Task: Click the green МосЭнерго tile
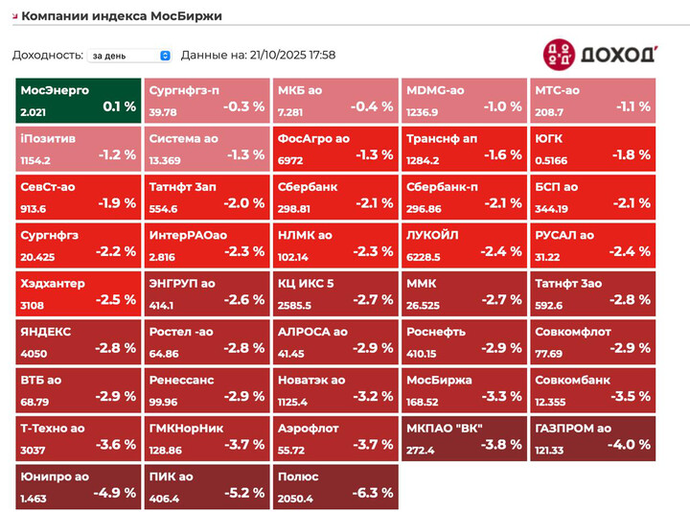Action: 77,100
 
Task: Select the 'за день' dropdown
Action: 128,56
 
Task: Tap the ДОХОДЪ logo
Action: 599,54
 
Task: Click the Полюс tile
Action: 334,485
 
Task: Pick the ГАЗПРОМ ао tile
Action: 591,437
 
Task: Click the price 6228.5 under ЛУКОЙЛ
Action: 424,257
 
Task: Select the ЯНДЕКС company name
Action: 45,332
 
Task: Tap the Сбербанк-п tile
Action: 463,197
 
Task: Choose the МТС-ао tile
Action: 591,100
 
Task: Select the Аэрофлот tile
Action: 334,437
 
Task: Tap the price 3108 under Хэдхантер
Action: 33,305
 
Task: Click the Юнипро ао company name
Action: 55,476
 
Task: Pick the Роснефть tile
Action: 463,340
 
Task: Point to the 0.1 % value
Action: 120,106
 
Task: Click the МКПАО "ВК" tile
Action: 463,437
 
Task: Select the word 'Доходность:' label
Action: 47,56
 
